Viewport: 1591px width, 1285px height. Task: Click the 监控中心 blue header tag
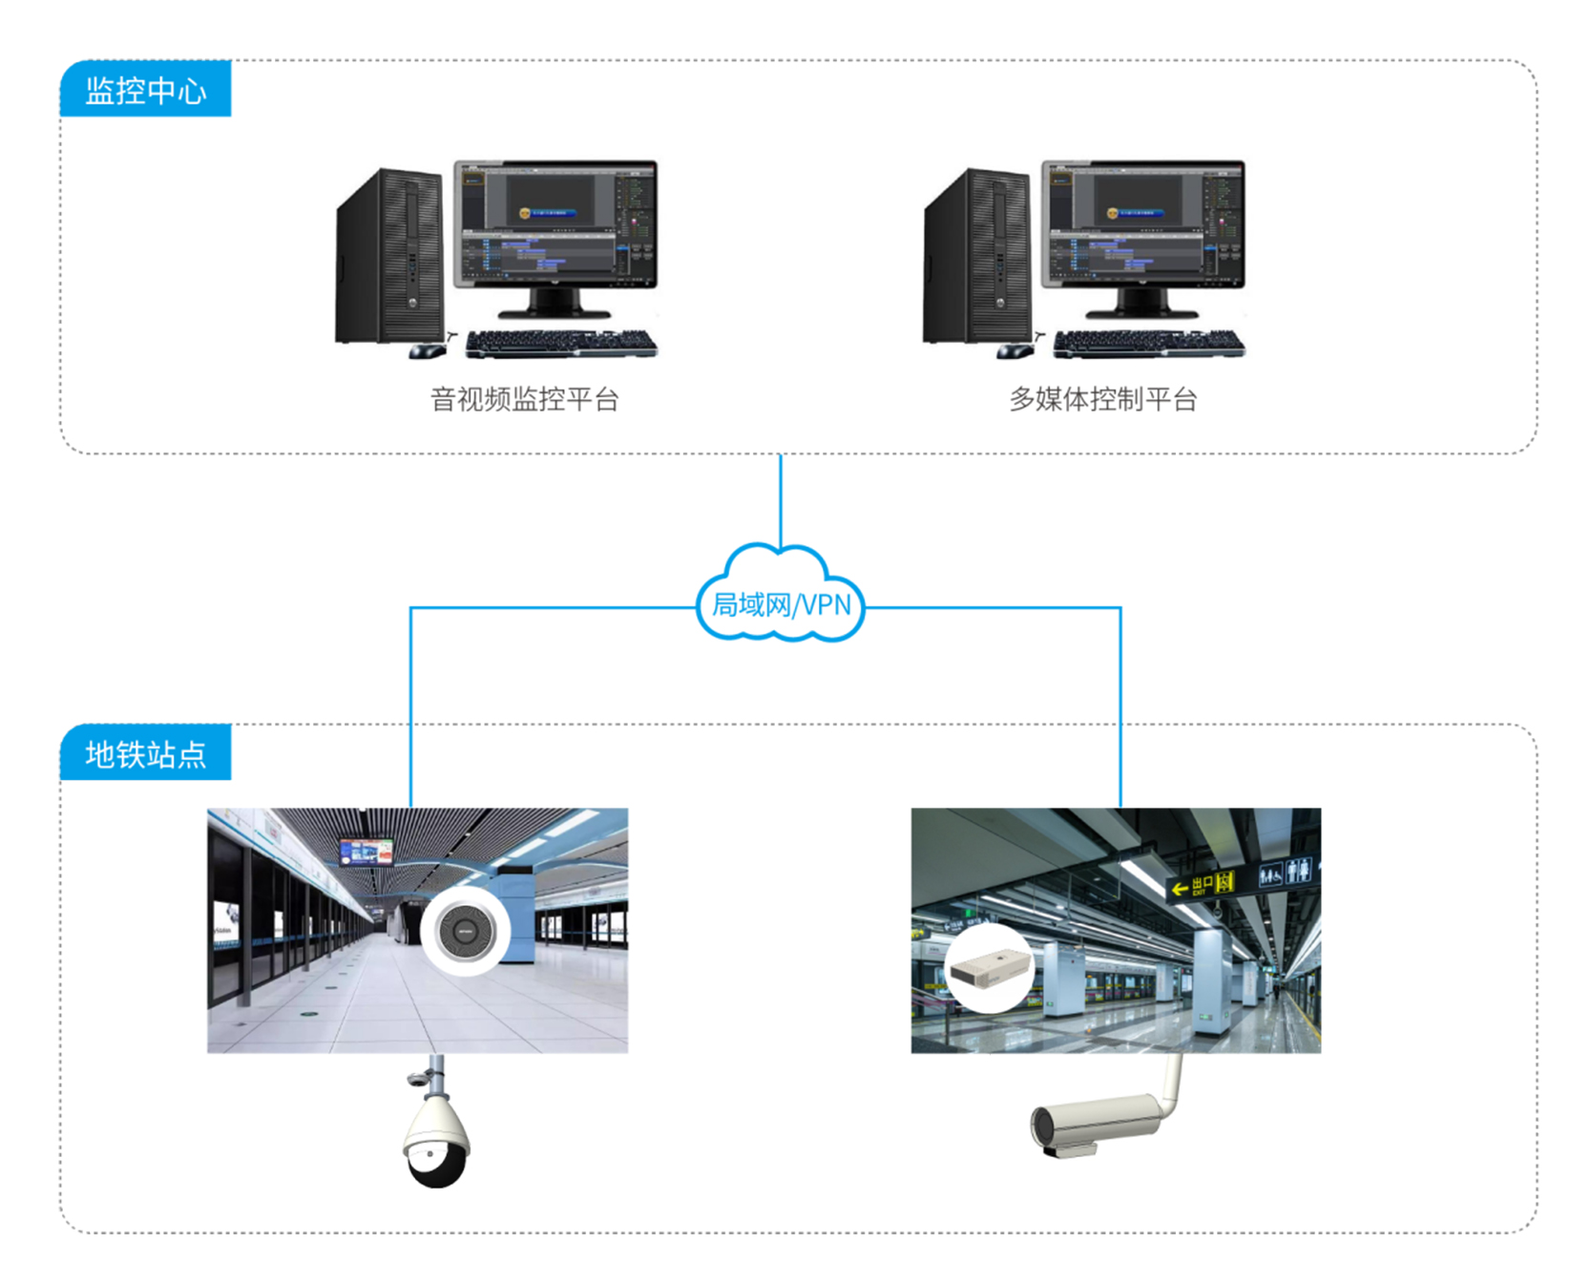point(145,89)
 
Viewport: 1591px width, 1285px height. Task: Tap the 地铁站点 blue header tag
point(145,753)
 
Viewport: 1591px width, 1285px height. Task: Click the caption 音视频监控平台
point(524,399)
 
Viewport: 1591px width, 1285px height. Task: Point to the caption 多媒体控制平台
point(1103,399)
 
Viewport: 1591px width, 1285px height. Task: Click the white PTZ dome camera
point(435,1141)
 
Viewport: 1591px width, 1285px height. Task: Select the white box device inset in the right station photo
point(991,968)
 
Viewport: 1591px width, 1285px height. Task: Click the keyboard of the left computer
point(561,344)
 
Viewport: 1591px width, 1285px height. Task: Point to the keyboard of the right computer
point(1149,344)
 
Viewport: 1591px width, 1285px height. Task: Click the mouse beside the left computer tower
point(427,351)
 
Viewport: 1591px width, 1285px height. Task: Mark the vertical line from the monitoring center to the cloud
point(781,498)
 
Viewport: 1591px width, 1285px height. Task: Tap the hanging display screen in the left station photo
point(366,851)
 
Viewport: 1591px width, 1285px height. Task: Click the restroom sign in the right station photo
point(1286,873)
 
